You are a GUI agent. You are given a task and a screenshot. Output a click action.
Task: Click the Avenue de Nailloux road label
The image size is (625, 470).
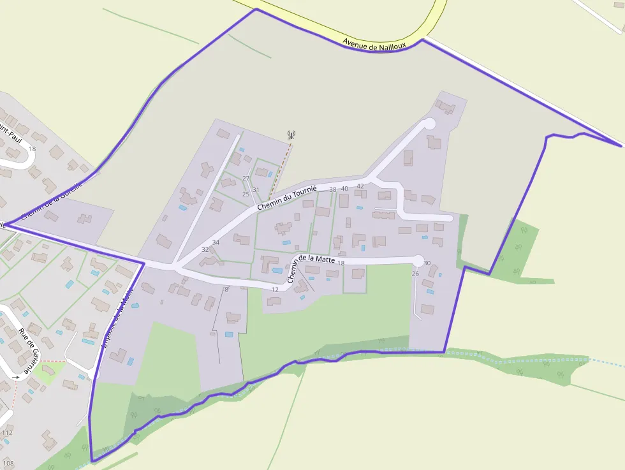(374, 43)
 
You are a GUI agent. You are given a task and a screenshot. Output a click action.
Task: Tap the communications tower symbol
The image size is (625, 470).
(291, 135)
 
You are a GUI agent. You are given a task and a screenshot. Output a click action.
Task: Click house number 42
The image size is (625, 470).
(360, 186)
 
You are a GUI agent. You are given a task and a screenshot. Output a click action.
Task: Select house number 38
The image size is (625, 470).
(332, 189)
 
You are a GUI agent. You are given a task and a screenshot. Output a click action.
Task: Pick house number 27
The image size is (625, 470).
(246, 178)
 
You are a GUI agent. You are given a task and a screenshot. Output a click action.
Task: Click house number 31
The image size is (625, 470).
(256, 189)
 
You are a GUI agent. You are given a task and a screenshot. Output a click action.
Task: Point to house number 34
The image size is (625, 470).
(216, 242)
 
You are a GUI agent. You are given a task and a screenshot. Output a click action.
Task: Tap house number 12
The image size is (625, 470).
(275, 290)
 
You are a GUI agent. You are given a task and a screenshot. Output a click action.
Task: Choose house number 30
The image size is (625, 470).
(427, 263)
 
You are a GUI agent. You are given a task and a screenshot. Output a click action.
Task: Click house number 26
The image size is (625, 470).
(415, 274)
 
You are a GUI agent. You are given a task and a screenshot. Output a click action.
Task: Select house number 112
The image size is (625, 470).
(7, 432)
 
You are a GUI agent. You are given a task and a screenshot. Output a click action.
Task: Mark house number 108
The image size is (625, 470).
(8, 463)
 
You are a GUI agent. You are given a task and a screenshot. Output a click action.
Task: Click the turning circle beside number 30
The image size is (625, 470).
(418, 260)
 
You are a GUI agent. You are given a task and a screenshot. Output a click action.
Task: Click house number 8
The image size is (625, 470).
(226, 290)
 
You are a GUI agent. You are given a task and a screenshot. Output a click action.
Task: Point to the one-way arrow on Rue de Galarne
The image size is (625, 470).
(15, 377)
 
